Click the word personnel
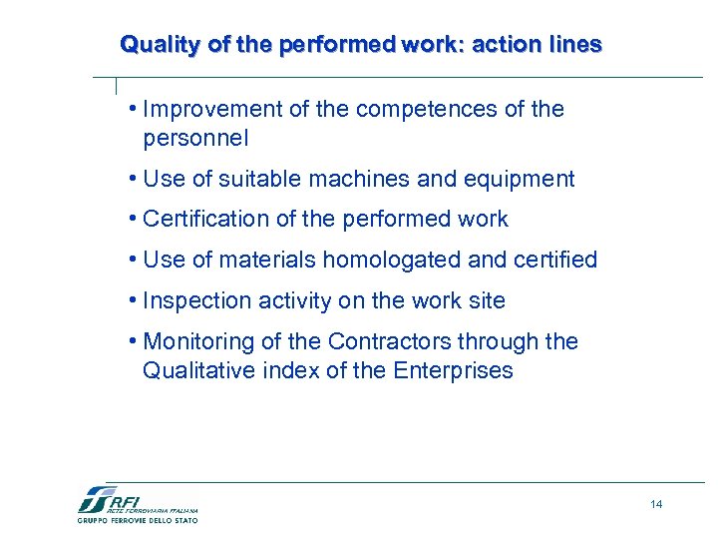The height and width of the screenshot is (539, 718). click(194, 138)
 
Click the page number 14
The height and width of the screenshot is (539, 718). click(655, 504)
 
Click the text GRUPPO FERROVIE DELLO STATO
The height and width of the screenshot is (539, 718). click(138, 520)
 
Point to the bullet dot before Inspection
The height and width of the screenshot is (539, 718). click(133, 300)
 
